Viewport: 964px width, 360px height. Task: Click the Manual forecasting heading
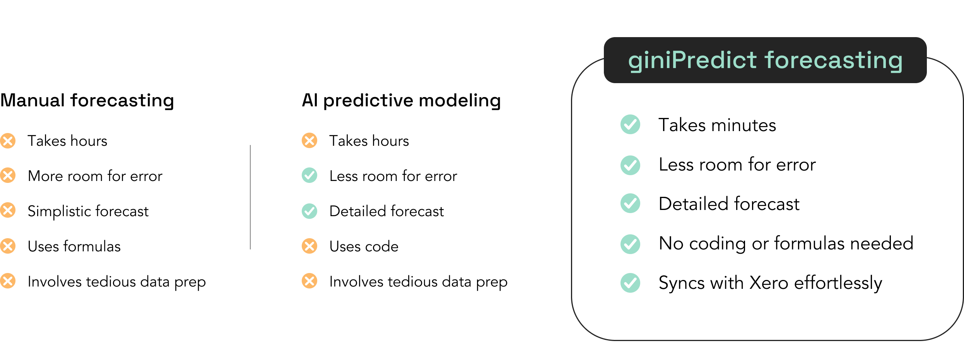87,101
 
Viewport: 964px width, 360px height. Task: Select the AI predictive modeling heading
401,101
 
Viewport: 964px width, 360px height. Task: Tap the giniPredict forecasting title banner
765,60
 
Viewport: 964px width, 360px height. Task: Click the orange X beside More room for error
8,175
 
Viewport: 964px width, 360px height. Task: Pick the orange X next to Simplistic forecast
8,210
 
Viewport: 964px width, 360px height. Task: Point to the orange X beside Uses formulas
8,246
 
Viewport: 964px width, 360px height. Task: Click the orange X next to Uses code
309,246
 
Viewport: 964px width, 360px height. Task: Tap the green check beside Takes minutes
631,125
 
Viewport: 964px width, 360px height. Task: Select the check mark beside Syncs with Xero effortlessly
631,283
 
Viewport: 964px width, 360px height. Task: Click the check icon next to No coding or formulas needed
631,244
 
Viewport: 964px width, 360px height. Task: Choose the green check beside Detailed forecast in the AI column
309,211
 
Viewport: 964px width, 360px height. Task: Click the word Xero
769,283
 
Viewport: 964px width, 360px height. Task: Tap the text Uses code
364,246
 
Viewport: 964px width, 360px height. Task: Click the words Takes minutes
718,125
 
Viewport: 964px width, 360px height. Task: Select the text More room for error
95,176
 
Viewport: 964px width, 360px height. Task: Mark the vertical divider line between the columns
250,197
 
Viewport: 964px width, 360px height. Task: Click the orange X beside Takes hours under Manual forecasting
8,140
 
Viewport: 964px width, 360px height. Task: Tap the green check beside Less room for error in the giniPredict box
631,165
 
